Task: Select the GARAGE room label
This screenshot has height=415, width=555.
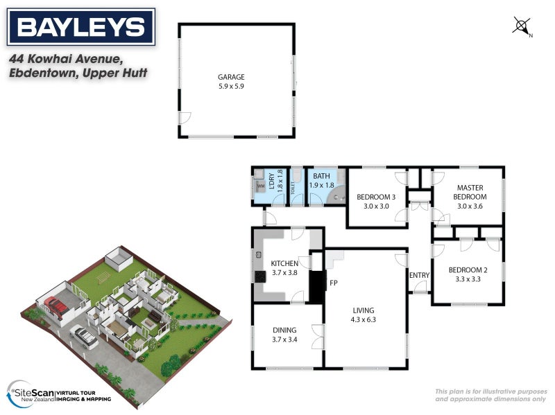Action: (x=232, y=77)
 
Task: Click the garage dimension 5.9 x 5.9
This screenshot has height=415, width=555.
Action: (x=232, y=87)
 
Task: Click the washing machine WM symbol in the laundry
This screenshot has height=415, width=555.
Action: (x=261, y=186)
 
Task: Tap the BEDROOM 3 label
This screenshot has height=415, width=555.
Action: (x=376, y=197)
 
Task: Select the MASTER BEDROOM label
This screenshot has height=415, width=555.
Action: (x=469, y=192)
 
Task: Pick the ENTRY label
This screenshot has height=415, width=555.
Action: (x=420, y=276)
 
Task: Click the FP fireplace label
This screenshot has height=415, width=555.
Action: (x=333, y=283)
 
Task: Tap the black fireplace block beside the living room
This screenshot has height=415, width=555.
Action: (x=316, y=286)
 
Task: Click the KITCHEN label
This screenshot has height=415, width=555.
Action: (x=284, y=263)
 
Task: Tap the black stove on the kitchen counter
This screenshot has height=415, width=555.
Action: (x=261, y=276)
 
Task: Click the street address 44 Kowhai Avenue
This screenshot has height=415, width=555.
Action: (x=65, y=60)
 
